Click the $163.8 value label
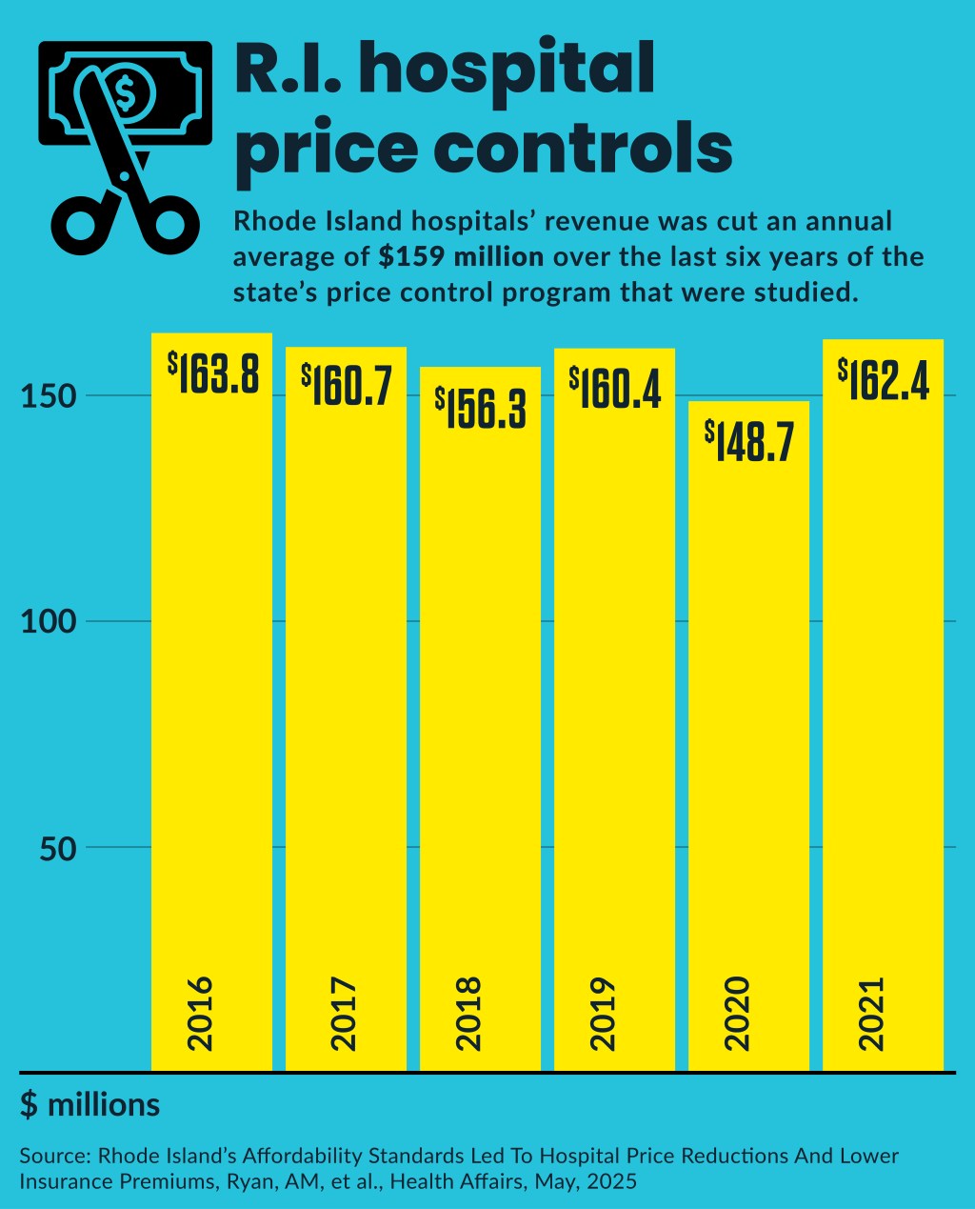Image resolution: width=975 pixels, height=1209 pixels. coord(213,373)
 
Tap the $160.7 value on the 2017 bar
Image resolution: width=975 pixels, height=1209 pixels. coord(347,385)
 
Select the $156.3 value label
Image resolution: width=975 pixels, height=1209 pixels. coord(481,409)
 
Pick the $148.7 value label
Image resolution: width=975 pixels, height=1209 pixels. coord(748,441)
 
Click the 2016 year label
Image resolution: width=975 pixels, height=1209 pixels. coord(202,1013)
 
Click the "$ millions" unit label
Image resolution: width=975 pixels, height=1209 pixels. coord(90,1105)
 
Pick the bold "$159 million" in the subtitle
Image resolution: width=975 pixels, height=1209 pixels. coord(461,257)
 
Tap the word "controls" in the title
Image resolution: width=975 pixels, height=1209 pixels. coord(583,148)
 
